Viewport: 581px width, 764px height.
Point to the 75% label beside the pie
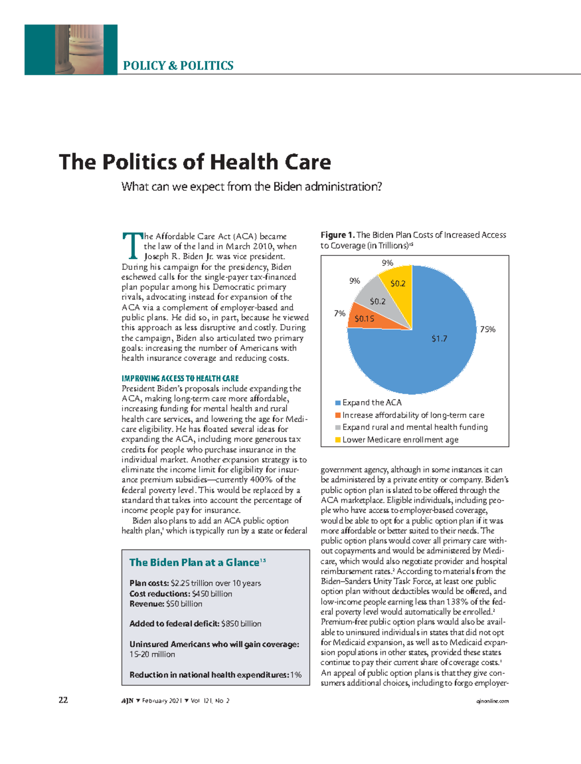point(488,329)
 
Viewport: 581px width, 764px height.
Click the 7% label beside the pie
point(339,313)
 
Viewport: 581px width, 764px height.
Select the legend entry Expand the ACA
point(371,403)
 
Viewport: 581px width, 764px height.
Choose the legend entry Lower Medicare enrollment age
point(400,440)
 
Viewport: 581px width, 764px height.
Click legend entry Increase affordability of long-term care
point(413,415)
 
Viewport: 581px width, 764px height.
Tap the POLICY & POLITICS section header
point(178,66)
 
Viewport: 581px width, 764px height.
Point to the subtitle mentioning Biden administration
point(252,187)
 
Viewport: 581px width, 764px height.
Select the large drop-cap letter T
point(131,245)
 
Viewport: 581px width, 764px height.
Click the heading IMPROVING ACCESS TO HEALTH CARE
point(180,378)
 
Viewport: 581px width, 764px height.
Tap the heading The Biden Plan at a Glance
point(194,562)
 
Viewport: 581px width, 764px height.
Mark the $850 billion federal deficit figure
point(241,624)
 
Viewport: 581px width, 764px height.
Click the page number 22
point(63,700)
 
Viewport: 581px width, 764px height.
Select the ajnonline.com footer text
point(493,701)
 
